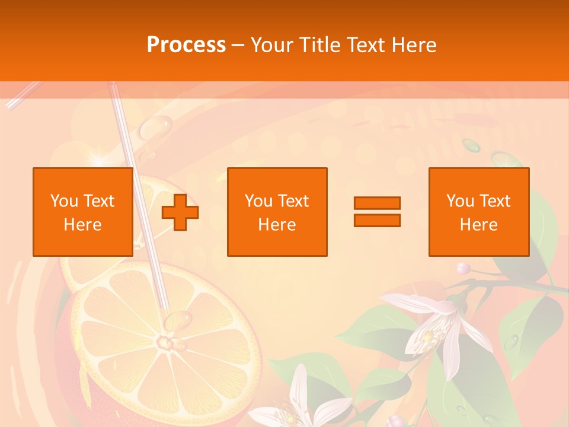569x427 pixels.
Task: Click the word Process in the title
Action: point(186,45)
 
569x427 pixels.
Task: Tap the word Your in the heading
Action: point(272,45)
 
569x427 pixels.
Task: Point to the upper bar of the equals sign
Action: point(377,203)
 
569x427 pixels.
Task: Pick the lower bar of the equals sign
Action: point(377,220)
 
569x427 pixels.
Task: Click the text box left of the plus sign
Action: point(82,212)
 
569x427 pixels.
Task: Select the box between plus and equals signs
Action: point(277,212)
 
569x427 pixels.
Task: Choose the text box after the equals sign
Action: point(478,212)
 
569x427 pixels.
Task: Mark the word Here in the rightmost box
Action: point(478,225)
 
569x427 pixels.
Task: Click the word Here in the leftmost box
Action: point(82,225)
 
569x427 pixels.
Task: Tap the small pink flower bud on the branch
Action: point(463,268)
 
